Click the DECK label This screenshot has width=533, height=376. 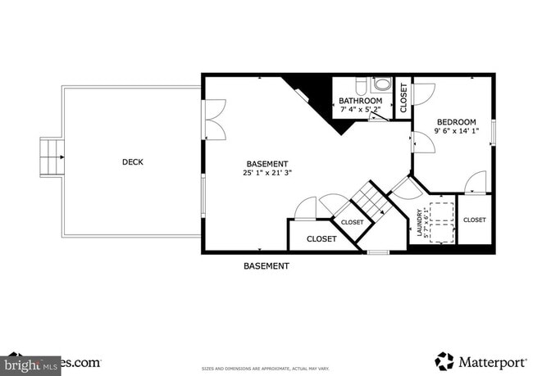tap(132, 162)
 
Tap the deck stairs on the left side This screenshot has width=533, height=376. tap(52, 156)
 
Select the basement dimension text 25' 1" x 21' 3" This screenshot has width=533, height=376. tap(268, 173)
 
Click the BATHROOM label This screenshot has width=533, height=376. tap(361, 102)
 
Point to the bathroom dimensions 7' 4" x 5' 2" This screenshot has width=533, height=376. tap(361, 110)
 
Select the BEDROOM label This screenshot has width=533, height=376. tap(456, 122)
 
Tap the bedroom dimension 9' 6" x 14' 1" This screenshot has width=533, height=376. tap(456, 131)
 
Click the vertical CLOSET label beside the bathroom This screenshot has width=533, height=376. tap(403, 97)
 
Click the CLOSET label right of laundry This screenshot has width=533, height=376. tap(475, 220)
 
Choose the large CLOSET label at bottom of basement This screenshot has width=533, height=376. tap(321, 239)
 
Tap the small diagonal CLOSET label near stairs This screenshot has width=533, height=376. tap(352, 222)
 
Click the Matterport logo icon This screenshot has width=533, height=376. tap(444, 360)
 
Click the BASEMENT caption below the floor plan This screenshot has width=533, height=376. tap(266, 265)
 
